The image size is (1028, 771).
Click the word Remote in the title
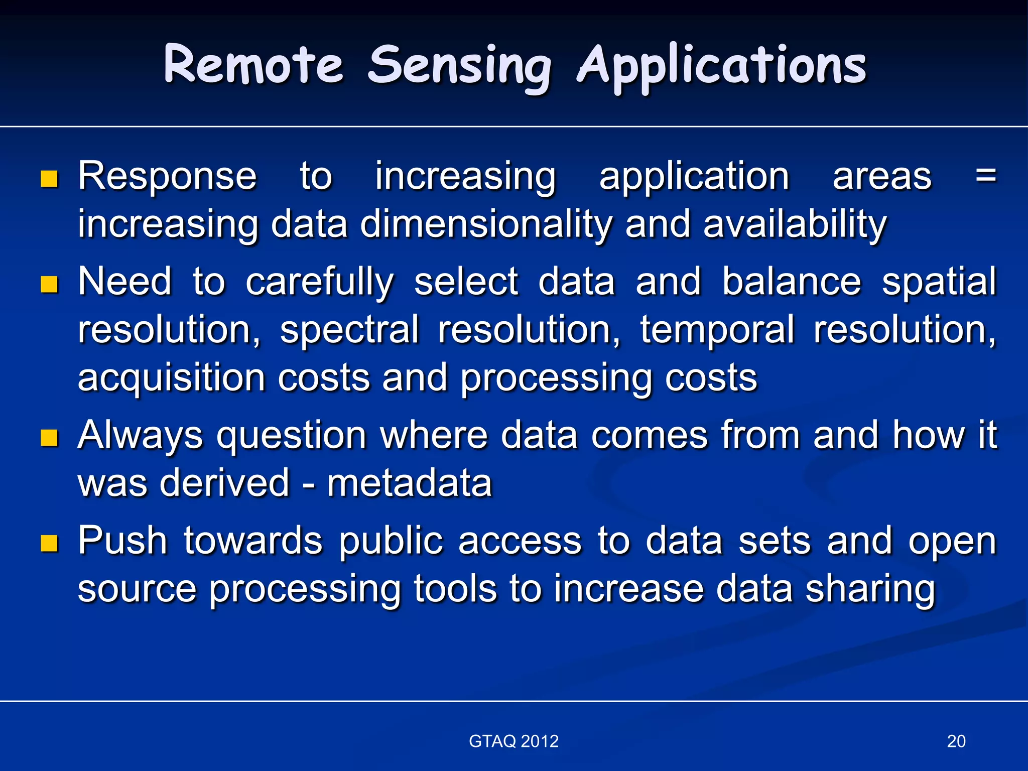pos(253,65)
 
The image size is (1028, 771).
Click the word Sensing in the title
pos(459,68)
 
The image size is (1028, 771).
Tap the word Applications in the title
pos(721,68)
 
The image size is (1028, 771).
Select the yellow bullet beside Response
pos(49,179)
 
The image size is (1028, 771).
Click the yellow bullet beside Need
pos(49,284)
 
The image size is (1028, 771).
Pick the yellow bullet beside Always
pos(49,438)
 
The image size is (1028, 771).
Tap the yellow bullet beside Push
pos(49,543)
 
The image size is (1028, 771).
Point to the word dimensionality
pos(486,224)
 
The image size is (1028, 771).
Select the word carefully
pos(319,282)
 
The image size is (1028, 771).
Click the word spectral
pos(349,330)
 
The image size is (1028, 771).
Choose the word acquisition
pos(171,378)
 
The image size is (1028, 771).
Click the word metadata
pos(409,483)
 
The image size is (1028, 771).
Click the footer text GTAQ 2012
pos(513,741)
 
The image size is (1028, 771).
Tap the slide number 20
pos(956,741)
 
